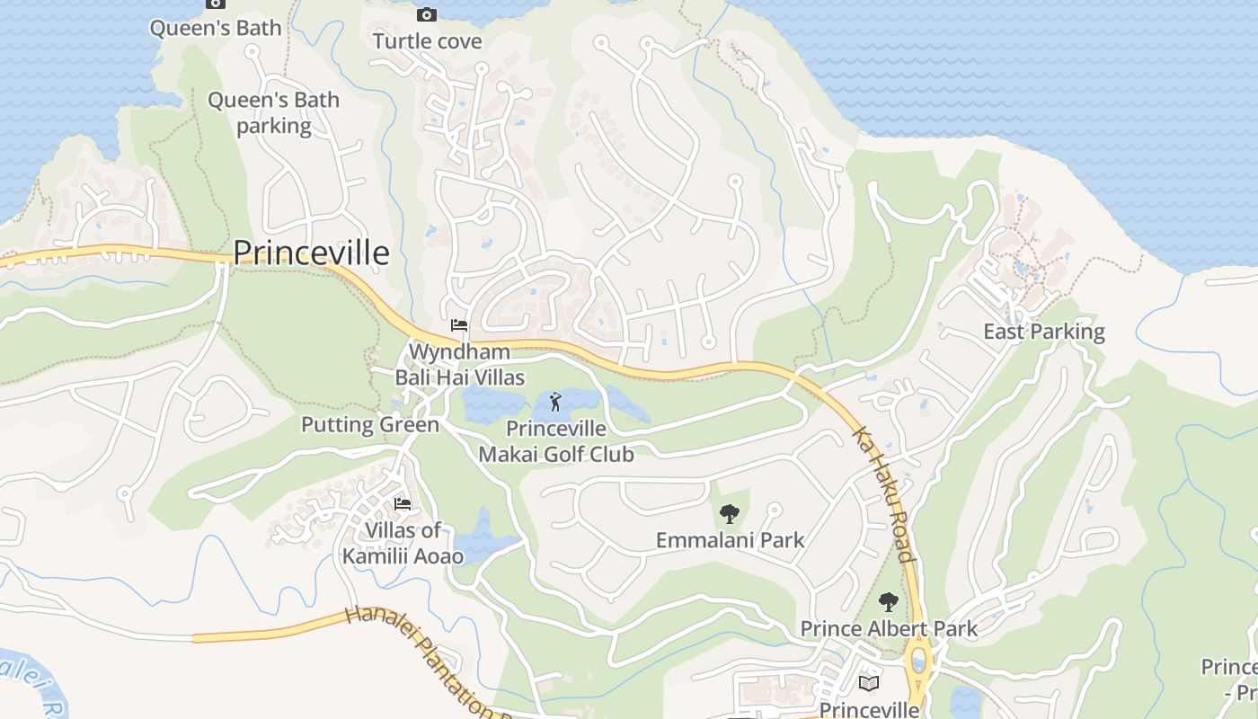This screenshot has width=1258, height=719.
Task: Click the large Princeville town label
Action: click(x=311, y=253)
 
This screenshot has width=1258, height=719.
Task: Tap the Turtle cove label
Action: click(x=427, y=41)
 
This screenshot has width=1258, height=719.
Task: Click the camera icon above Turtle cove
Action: click(x=427, y=14)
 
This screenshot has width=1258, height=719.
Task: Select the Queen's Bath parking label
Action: click(x=273, y=112)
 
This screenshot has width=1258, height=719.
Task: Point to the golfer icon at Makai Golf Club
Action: click(x=555, y=401)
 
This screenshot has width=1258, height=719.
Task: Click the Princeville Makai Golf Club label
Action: click(x=555, y=441)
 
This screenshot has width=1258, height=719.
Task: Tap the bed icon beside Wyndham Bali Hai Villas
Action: click(x=459, y=324)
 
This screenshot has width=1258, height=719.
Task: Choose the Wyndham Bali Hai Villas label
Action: click(x=459, y=364)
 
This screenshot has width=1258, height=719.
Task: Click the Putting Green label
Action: click(x=370, y=424)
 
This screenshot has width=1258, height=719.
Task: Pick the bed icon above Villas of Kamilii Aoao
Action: click(x=403, y=504)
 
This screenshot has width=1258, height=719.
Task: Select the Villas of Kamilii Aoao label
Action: click(x=403, y=543)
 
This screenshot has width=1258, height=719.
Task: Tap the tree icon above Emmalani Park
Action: click(x=729, y=514)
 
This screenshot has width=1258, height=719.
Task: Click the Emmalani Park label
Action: click(x=730, y=540)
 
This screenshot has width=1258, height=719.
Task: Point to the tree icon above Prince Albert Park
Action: click(x=888, y=602)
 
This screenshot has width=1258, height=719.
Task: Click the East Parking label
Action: click(x=1043, y=332)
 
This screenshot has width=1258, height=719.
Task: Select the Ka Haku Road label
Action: click(x=882, y=493)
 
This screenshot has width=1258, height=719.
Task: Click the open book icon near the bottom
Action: click(x=868, y=683)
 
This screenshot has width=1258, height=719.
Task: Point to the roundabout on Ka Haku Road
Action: click(x=919, y=663)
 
